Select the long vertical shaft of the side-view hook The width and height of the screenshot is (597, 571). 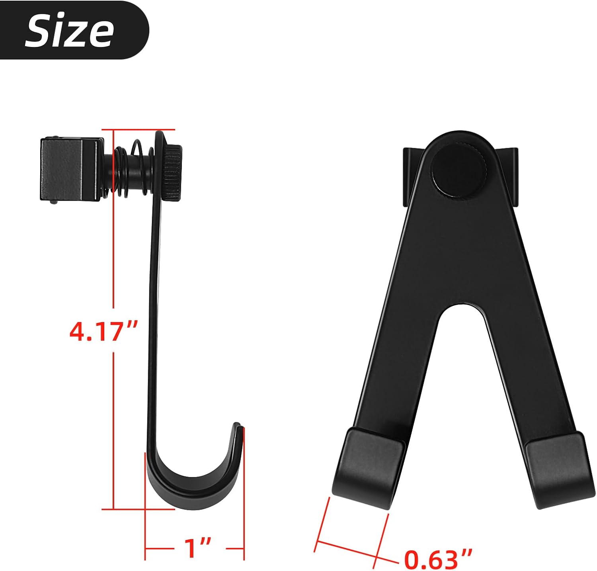pos(155,319)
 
